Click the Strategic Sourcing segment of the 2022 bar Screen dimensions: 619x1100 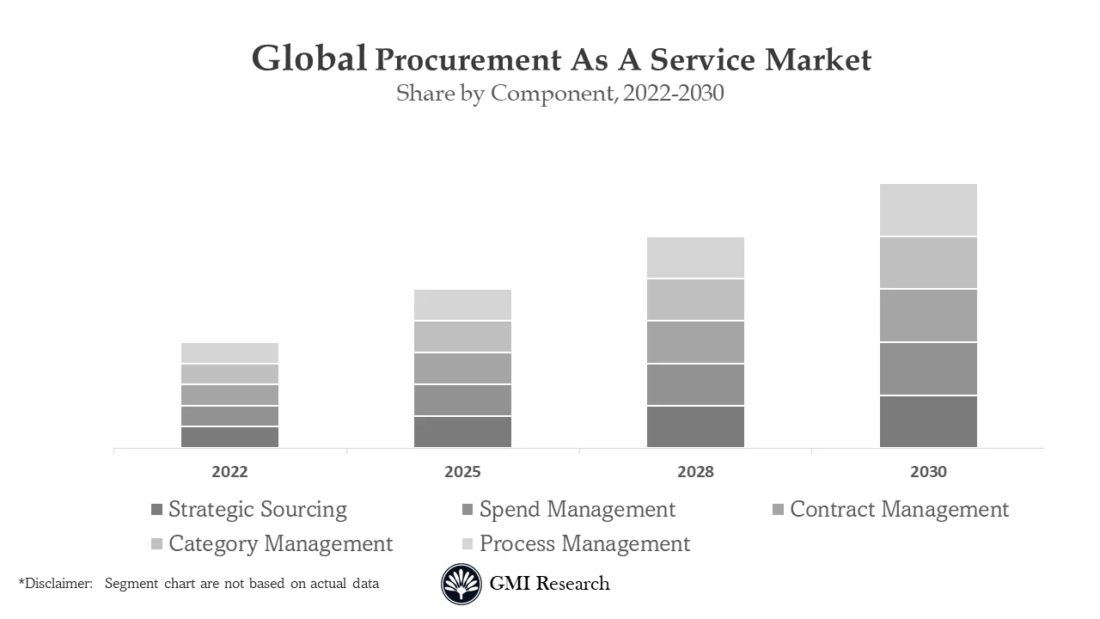[229, 437]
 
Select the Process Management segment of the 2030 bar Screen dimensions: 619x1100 [928, 210]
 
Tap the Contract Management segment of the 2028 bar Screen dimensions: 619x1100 [695, 342]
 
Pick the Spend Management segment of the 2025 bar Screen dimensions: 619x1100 [462, 400]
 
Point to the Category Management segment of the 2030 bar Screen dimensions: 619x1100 [928, 262]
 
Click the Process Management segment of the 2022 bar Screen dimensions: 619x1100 [229, 352]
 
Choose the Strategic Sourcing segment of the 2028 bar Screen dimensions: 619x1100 [695, 426]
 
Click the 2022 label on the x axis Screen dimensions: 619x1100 [229, 472]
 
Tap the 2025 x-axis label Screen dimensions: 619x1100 [462, 472]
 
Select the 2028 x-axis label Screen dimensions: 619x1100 [695, 472]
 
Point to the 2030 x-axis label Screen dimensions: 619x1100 [928, 472]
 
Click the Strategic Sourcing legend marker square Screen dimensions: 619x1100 [156, 510]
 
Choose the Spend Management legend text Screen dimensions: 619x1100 [577, 510]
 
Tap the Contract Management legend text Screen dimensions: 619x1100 [899, 510]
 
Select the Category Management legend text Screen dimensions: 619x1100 [280, 544]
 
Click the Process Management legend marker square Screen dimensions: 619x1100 [467, 544]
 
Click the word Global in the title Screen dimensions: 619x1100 [309, 59]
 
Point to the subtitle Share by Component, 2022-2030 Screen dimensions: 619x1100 [559, 93]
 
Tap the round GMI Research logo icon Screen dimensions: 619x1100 [461, 585]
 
